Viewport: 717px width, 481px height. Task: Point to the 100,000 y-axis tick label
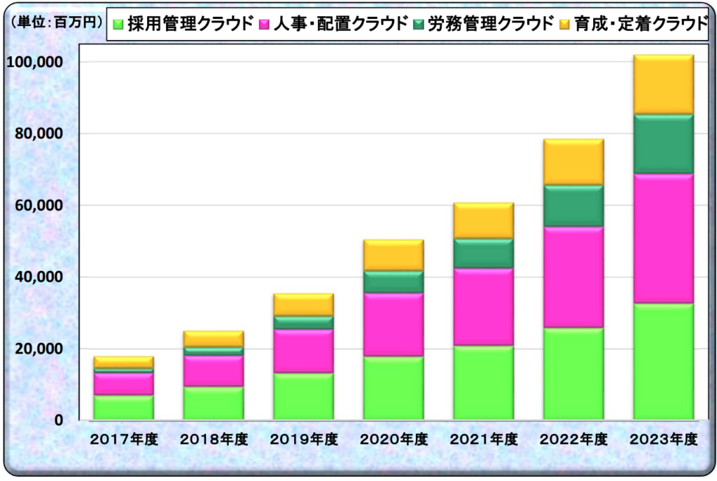[35, 62]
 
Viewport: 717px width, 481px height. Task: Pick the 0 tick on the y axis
[60, 421]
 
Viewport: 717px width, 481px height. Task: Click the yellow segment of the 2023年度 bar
[663, 85]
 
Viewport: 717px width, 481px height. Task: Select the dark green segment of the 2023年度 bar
[663, 144]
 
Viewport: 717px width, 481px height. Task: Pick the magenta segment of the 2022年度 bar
[573, 277]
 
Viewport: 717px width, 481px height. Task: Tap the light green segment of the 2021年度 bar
[483, 383]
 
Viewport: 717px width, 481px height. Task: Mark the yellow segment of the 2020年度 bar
[394, 256]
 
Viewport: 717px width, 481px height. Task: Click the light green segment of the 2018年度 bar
[214, 403]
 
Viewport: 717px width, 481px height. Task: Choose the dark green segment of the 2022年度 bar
[573, 206]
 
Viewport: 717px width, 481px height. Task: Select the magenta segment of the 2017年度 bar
[124, 384]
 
